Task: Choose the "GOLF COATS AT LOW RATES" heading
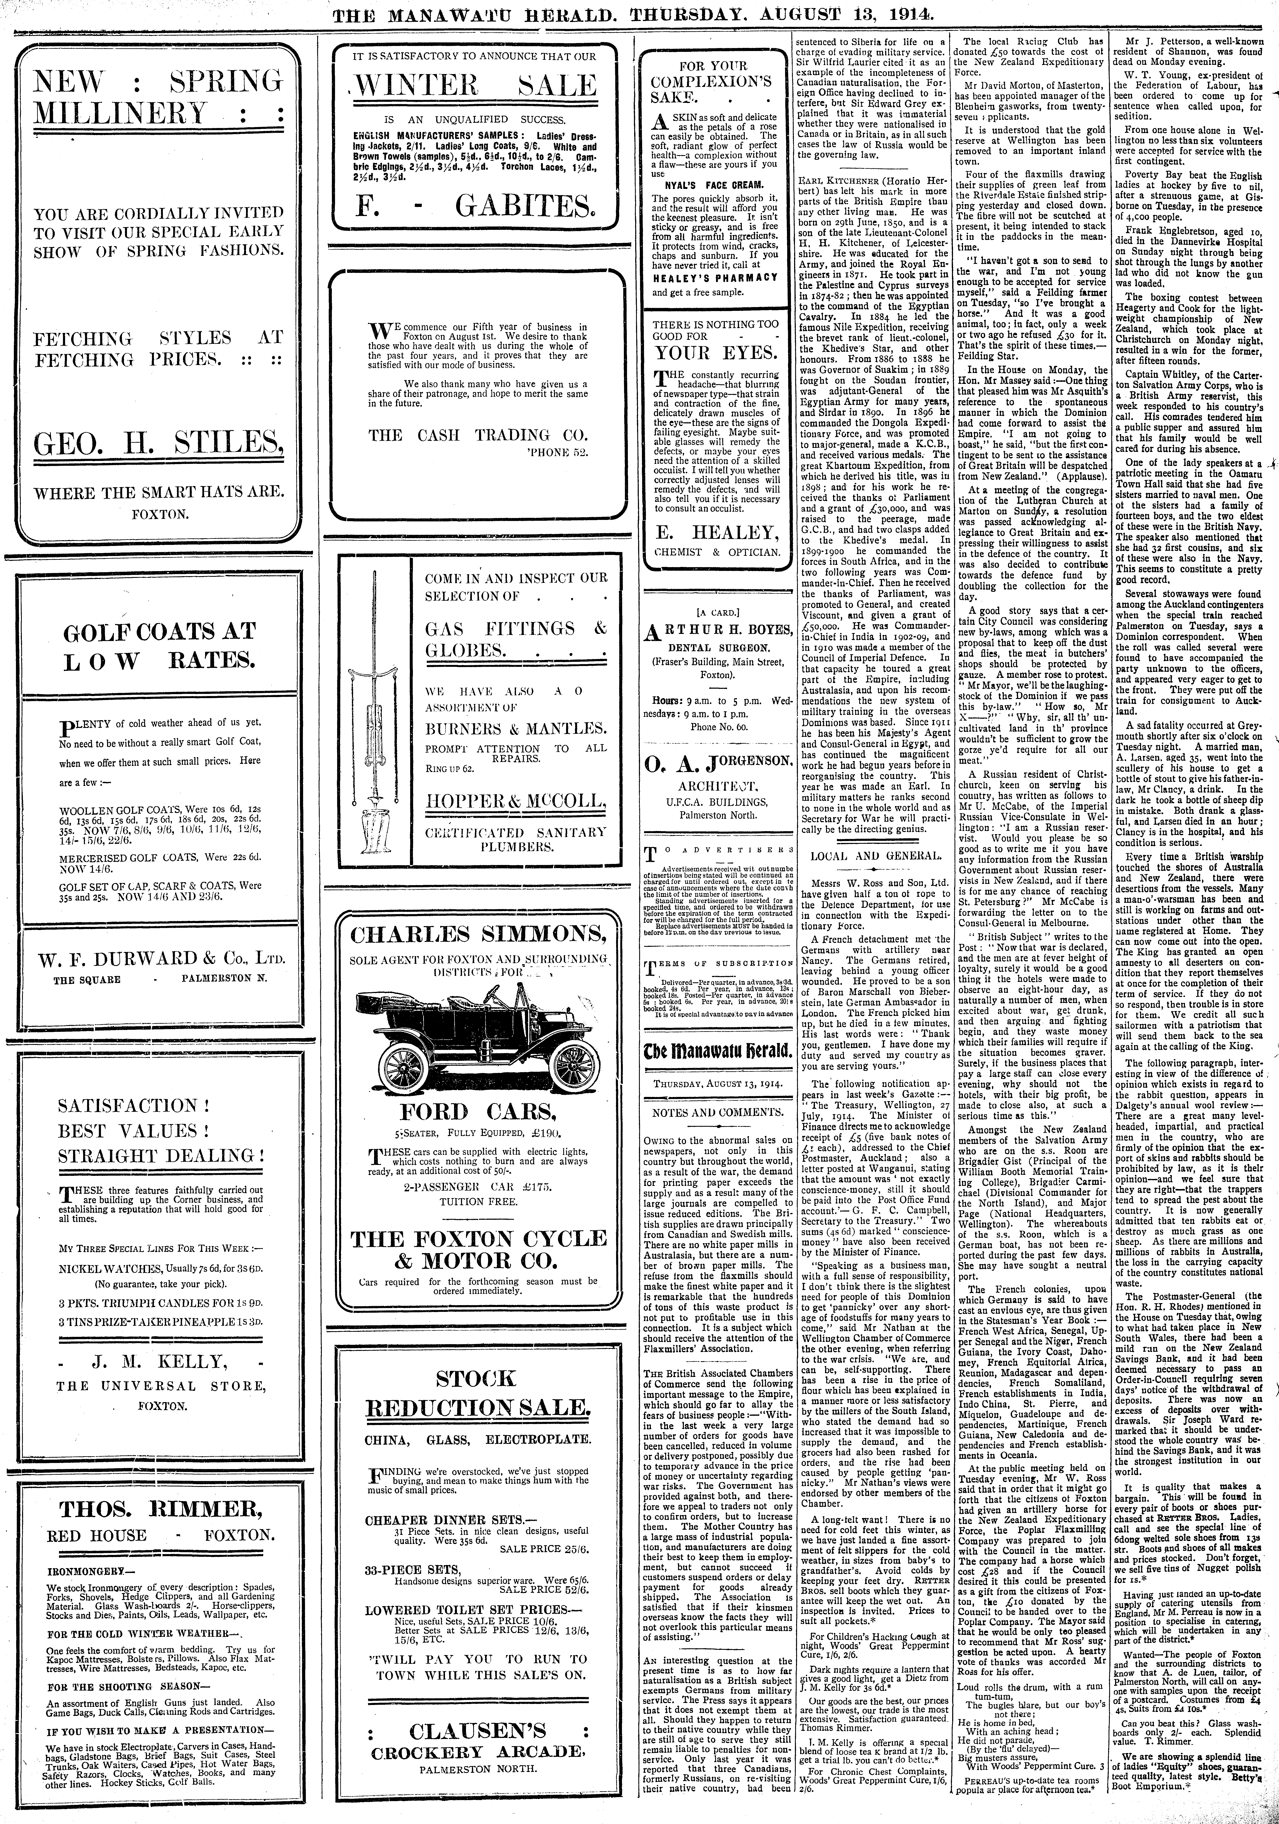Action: (159, 645)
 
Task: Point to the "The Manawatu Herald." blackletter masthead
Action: (717, 1052)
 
